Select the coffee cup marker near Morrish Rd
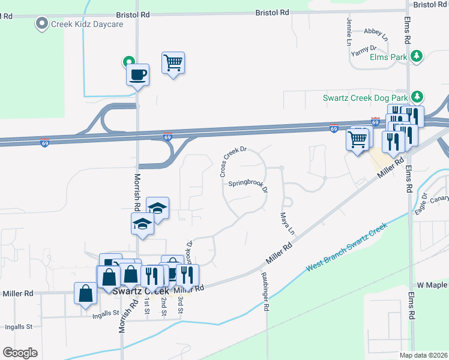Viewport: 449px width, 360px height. (x=137, y=75)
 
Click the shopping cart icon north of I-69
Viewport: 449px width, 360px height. (x=173, y=62)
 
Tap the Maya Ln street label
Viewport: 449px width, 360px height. (x=287, y=223)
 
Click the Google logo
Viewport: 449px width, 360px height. (x=20, y=352)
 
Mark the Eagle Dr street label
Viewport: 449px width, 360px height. (x=420, y=203)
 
